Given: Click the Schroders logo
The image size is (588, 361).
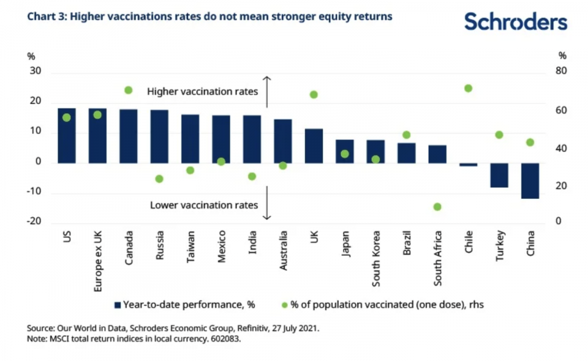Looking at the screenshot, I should (516, 22).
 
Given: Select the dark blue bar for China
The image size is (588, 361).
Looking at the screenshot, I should (530, 180).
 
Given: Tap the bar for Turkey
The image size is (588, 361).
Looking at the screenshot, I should (499, 175).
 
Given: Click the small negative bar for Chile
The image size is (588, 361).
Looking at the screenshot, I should (468, 165).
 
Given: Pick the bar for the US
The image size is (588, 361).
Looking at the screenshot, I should (67, 136).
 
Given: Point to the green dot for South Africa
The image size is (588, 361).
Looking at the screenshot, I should (437, 207).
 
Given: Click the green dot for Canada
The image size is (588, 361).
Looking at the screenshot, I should (129, 90).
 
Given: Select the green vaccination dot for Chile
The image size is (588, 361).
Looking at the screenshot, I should (468, 88).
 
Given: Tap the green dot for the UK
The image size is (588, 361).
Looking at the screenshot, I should (314, 95).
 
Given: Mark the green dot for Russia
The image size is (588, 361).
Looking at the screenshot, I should (159, 179).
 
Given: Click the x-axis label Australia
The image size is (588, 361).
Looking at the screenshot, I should (283, 251).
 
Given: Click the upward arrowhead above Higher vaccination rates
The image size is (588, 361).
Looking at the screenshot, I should (266, 78).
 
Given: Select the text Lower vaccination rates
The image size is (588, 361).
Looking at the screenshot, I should (204, 205).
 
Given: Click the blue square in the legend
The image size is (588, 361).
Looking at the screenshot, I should (117, 304).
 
